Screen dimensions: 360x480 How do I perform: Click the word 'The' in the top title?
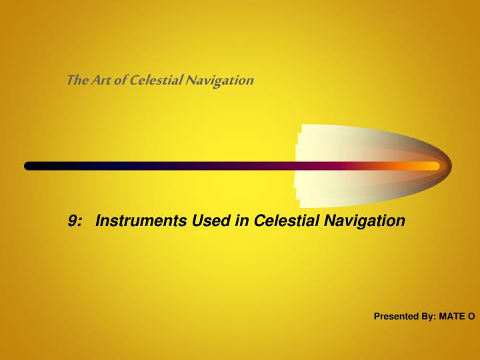[75, 81]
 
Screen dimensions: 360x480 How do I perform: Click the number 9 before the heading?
[73, 220]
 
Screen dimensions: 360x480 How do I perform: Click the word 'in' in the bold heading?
[242, 220]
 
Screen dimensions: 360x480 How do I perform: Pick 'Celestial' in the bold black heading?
[286, 220]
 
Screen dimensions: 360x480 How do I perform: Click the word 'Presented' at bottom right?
[395, 317]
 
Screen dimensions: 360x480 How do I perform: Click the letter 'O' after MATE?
[471, 317]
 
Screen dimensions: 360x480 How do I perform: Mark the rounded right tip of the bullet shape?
[450, 165]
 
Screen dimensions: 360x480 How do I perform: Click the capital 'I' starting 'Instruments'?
[99, 220]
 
